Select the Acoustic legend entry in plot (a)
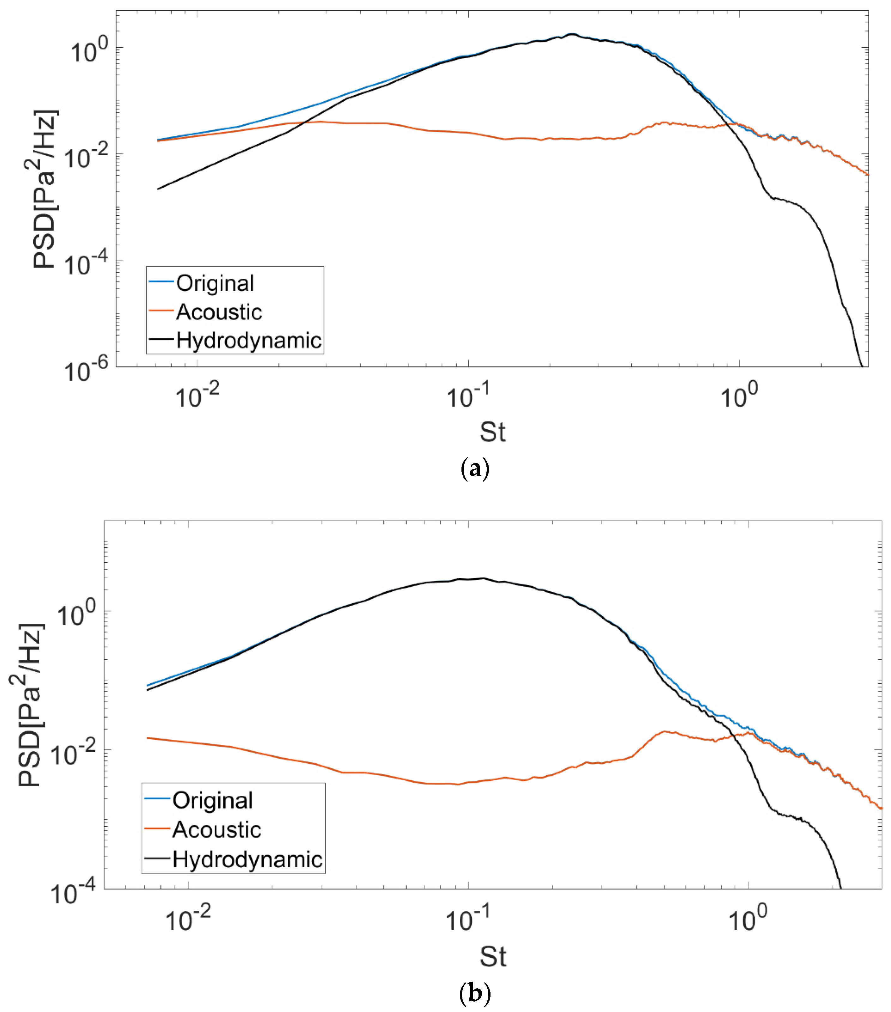[219, 312]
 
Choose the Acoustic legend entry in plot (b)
[216, 829]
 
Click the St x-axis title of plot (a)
[492, 432]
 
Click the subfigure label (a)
[474, 468]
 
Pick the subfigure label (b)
[474, 993]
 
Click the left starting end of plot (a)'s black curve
[158, 189]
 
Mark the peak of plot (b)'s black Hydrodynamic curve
[483, 578]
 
